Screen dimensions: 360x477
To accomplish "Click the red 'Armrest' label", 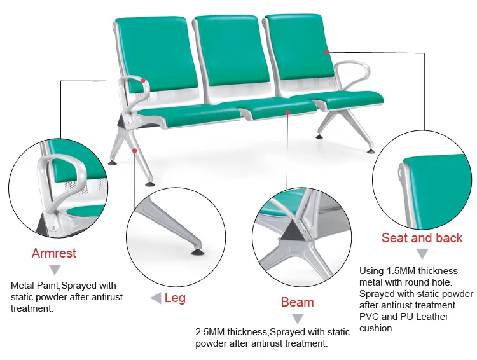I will (53, 253).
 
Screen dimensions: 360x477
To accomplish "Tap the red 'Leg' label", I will (175, 298).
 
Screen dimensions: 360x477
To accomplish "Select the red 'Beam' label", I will (297, 302).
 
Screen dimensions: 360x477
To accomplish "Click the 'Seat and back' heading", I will (422, 239).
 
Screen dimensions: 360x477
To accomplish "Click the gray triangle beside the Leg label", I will (155, 298).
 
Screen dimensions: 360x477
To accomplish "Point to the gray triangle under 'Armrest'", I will (54, 270).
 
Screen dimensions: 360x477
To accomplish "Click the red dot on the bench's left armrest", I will (144, 81).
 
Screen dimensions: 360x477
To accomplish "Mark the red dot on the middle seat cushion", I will (288, 112).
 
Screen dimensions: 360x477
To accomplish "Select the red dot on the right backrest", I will (326, 50).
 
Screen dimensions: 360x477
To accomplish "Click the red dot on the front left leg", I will (135, 150).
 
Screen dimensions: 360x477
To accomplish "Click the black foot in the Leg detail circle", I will (197, 249).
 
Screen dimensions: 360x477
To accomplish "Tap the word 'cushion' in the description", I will (375, 328).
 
